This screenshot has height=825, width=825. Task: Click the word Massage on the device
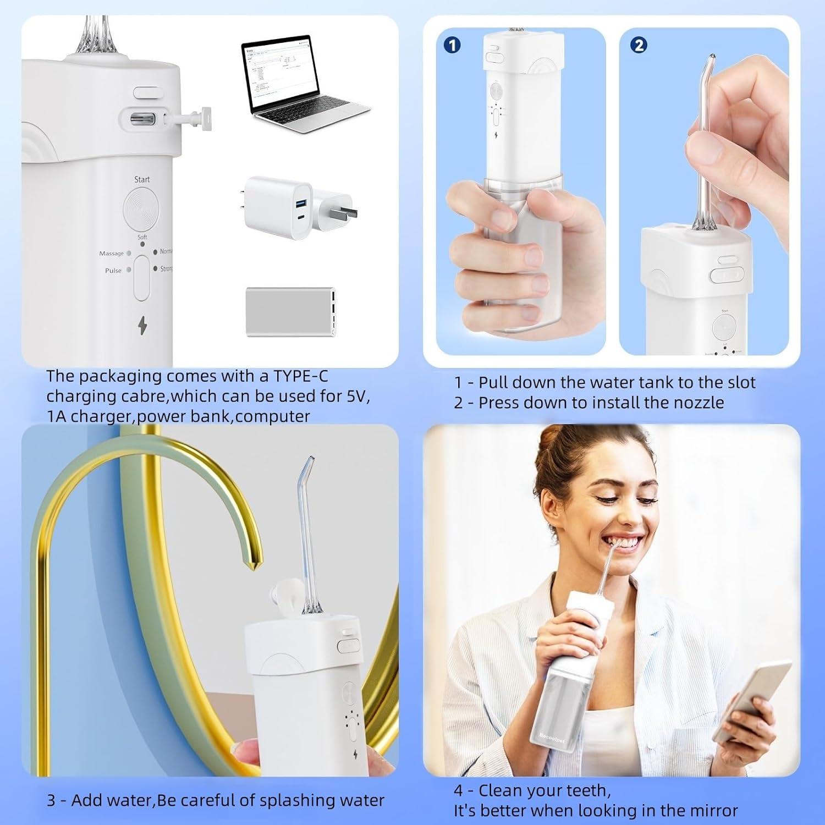coord(111,254)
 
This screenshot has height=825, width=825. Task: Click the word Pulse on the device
coord(113,271)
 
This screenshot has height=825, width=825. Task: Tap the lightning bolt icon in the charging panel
coord(142,327)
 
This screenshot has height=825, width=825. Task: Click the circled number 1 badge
coord(452,45)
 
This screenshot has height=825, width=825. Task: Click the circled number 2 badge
coord(639,45)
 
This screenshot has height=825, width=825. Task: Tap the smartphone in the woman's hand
coord(754,696)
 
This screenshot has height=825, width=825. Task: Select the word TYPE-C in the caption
coord(301,376)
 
